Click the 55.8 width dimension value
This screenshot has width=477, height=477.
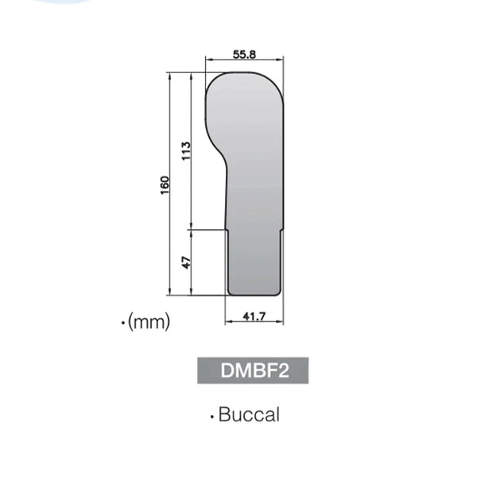pyautogui.click(x=244, y=54)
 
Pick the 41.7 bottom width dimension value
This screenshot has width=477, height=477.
pyautogui.click(x=254, y=317)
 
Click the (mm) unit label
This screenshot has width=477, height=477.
pyautogui.click(x=149, y=323)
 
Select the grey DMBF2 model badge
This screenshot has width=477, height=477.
pyautogui.click(x=253, y=371)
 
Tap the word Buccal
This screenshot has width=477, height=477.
pyautogui.click(x=249, y=415)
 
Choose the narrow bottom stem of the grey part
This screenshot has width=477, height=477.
pyautogui.click(x=254, y=262)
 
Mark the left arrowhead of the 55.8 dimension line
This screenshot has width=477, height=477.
pyautogui.click(x=208, y=60)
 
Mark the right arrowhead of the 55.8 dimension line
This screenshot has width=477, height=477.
pyautogui.click(x=281, y=60)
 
